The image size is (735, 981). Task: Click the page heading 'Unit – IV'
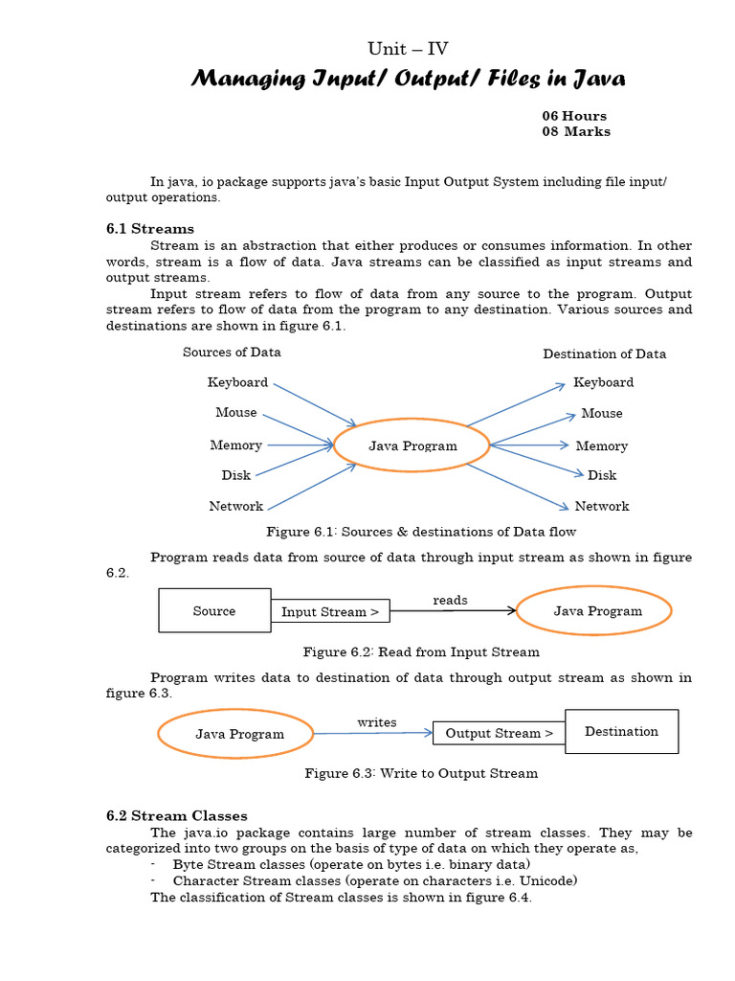(408, 49)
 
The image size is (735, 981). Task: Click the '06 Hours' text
(574, 116)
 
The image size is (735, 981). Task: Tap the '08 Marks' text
(576, 131)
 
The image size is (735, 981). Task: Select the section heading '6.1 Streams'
(149, 229)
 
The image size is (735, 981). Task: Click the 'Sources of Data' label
(232, 353)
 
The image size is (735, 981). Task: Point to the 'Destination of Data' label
(604, 354)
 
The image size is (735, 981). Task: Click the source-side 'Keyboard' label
(237, 382)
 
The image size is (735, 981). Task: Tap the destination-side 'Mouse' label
(601, 414)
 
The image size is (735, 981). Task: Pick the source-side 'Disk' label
(235, 475)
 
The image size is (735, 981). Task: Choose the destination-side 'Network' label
(601, 506)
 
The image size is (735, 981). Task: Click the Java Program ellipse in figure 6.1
(412, 445)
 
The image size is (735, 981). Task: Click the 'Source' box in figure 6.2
(214, 610)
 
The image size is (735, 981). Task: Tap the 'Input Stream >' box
(329, 612)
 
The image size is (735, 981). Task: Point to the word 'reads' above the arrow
(450, 601)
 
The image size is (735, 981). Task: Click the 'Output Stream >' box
(499, 734)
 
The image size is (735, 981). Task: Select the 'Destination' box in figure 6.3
(621, 732)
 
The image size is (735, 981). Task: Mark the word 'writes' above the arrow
(376, 722)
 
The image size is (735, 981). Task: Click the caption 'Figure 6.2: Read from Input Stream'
(421, 652)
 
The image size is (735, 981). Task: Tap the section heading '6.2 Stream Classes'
(176, 816)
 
